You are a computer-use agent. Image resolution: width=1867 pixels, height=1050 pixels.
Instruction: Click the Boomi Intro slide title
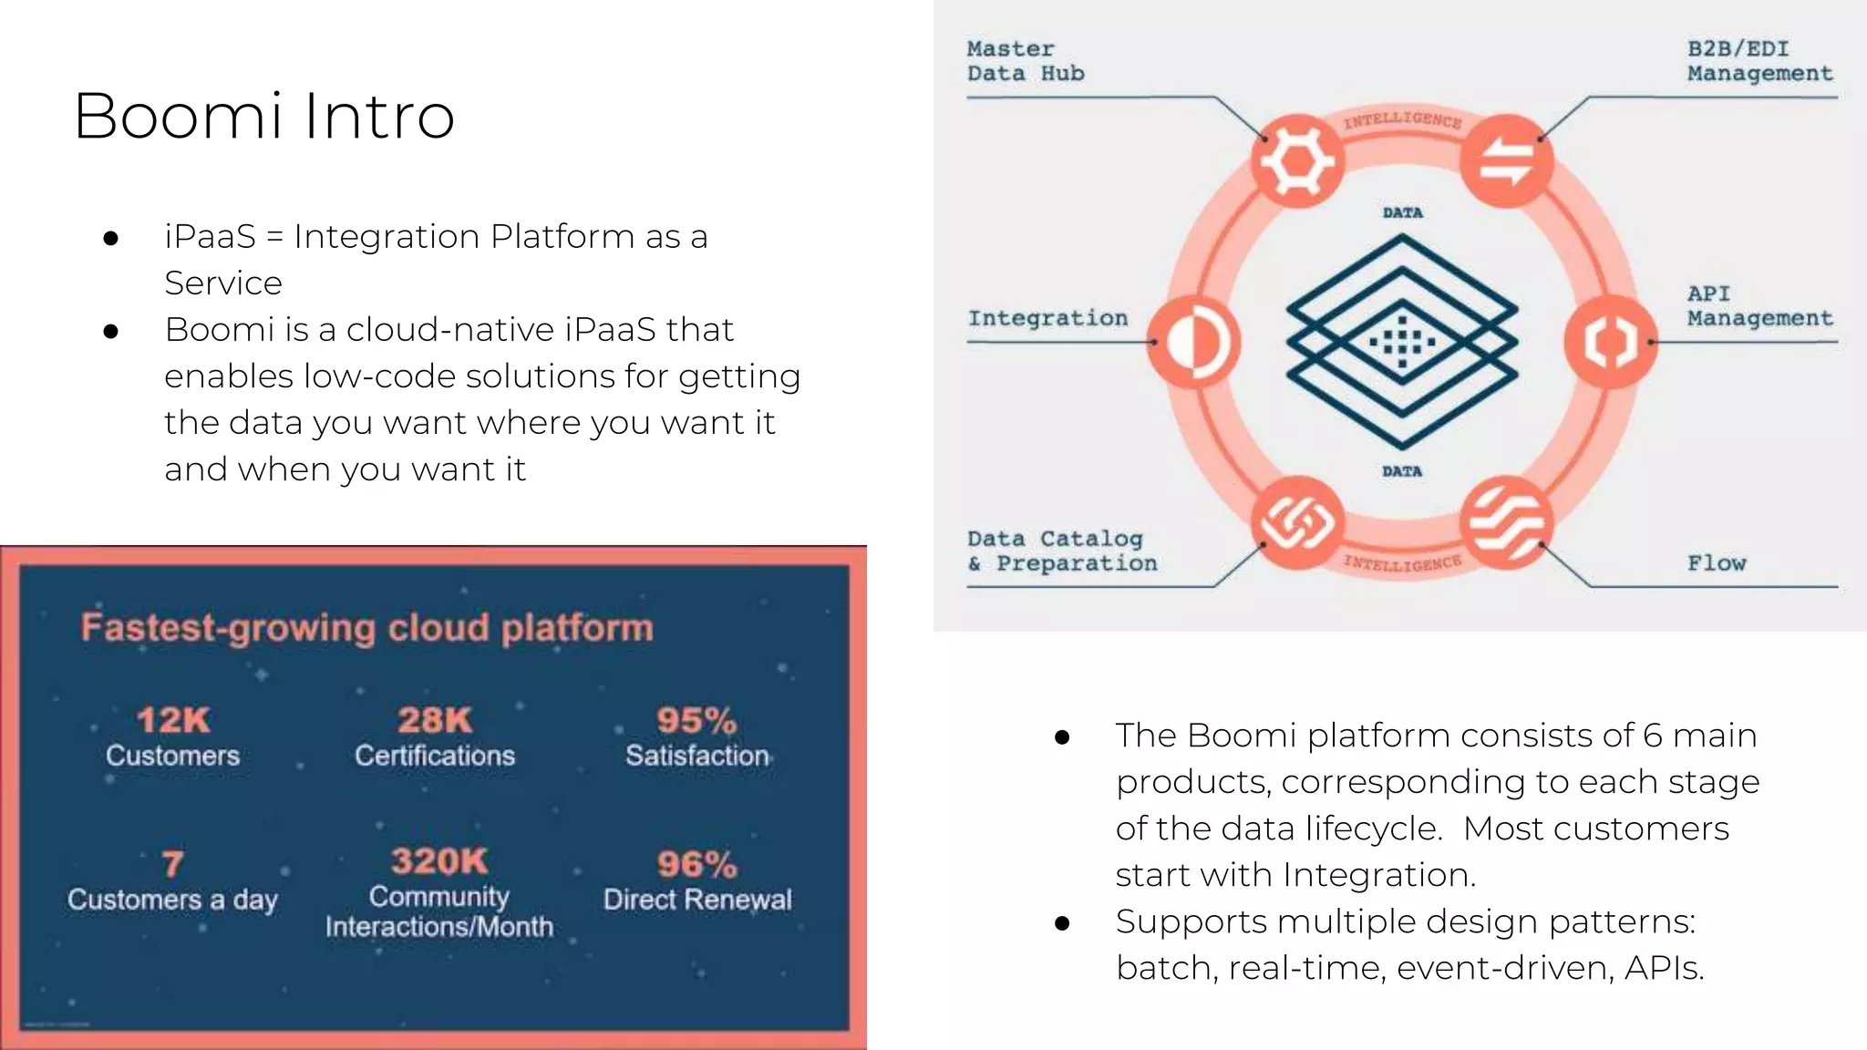(x=263, y=116)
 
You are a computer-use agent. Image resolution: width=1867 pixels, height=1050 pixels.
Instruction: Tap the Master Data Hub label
(x=1025, y=61)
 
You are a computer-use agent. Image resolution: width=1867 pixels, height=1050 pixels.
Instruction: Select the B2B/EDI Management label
(x=1759, y=61)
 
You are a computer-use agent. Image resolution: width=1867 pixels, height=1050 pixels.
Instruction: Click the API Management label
(x=1759, y=306)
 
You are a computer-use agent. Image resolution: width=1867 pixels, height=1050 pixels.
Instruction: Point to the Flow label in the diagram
(x=1716, y=563)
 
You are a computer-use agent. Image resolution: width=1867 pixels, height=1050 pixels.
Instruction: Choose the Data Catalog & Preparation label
(x=1061, y=551)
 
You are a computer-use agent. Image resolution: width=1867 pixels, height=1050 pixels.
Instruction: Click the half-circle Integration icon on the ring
(x=1192, y=343)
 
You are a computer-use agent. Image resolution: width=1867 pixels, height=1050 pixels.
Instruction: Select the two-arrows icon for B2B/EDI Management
(x=1506, y=161)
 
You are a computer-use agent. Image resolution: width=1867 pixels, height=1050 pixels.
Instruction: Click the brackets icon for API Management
(x=1611, y=343)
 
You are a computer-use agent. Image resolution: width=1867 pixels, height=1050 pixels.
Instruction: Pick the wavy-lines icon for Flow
(x=1506, y=523)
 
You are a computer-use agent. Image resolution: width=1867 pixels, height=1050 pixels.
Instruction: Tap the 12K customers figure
(x=173, y=720)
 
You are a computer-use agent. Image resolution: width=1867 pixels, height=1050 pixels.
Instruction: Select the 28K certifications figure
(x=435, y=720)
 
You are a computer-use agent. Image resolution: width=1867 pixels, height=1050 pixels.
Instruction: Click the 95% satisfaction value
(x=696, y=720)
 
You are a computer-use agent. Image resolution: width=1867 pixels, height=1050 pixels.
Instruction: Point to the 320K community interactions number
(x=439, y=861)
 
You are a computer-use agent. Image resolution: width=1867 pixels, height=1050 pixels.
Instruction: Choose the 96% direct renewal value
(x=696, y=864)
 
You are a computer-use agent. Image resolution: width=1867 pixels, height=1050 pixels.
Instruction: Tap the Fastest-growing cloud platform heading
(x=366, y=628)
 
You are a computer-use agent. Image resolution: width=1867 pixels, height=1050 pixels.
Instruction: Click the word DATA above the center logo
(x=1402, y=213)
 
